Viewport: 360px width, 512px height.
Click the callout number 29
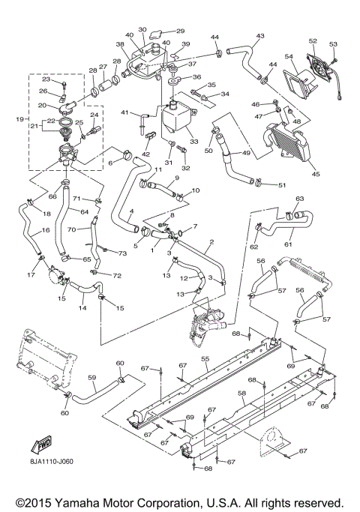(x=179, y=31)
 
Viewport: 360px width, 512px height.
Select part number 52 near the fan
(x=313, y=40)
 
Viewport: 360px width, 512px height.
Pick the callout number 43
(x=260, y=35)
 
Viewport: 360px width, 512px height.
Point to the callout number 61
(x=288, y=244)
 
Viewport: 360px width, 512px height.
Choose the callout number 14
(x=82, y=307)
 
